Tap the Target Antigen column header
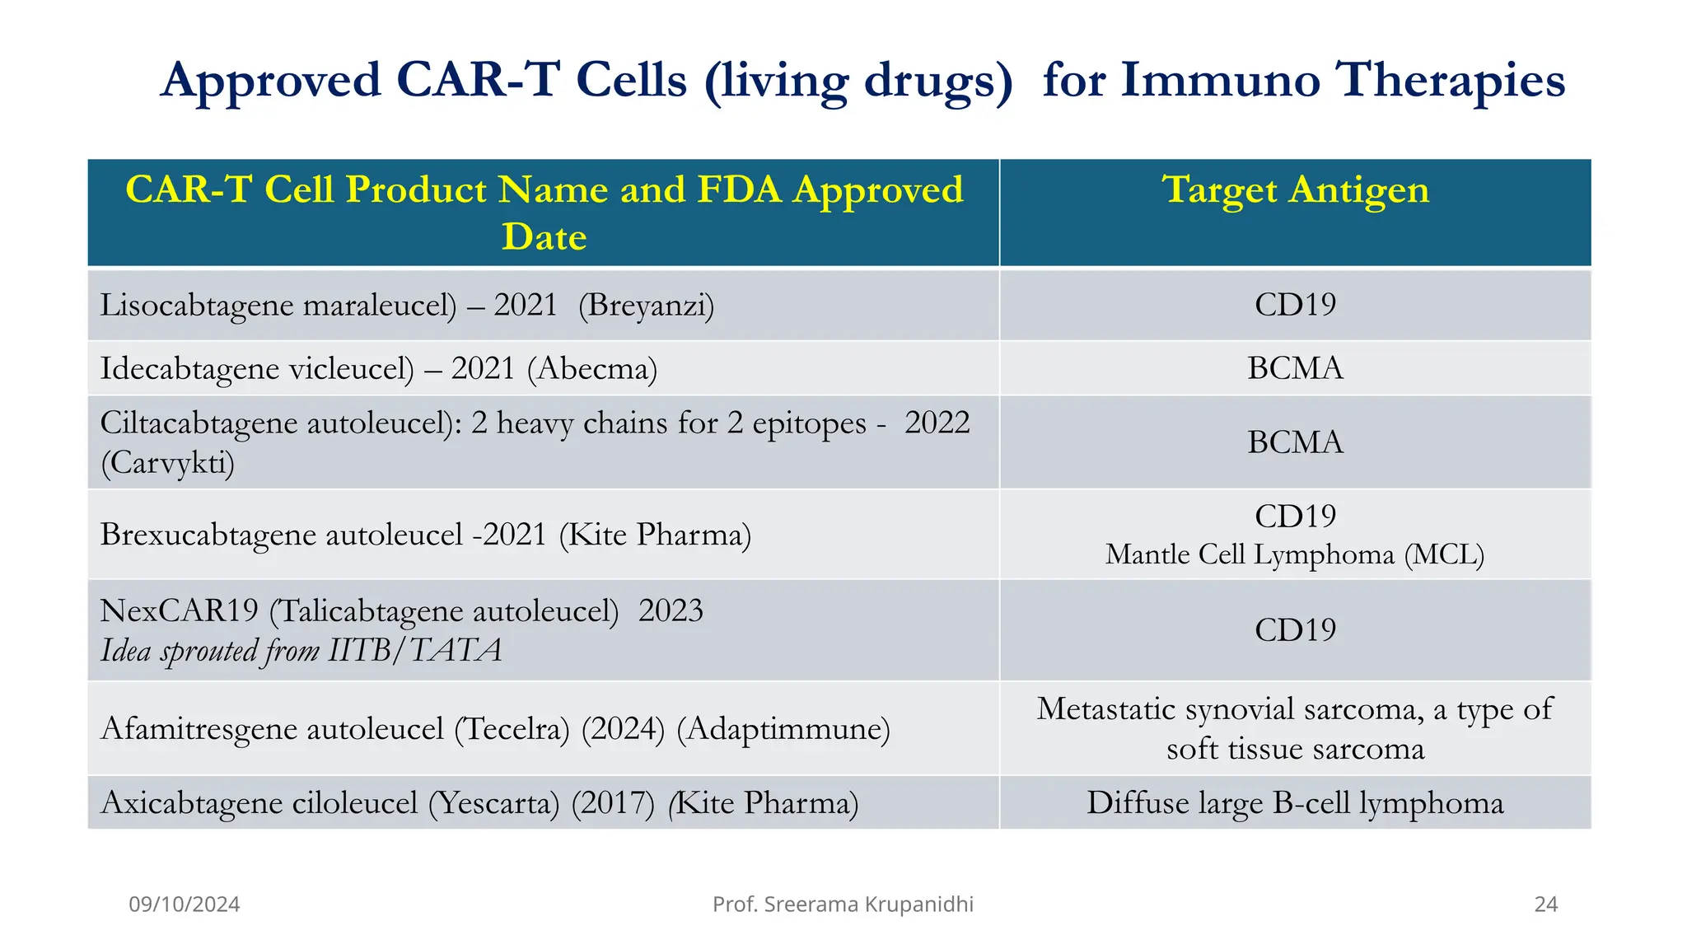coord(1295,190)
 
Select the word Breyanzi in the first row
coord(646,306)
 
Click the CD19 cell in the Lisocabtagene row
coord(1295,305)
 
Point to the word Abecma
coord(592,368)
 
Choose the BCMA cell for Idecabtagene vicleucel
coord(1295,368)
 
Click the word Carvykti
coord(168,463)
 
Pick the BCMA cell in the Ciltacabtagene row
coord(1295,442)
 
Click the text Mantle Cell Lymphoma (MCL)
coord(1295,554)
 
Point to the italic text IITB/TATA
coord(415,651)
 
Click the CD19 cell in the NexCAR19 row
coord(1295,630)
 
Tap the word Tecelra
coord(512,729)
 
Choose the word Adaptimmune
coord(783,729)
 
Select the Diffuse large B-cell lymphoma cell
coord(1295,803)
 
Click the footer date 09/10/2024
coord(185,905)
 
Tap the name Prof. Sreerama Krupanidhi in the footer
coord(843,905)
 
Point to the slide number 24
coord(1545,905)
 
